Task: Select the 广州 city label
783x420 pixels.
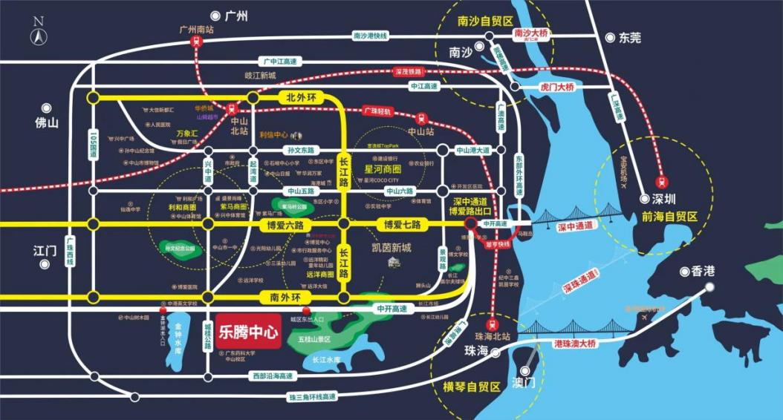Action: (x=237, y=16)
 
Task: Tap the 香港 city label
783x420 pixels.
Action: (x=702, y=272)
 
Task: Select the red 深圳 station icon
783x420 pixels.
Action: (x=660, y=180)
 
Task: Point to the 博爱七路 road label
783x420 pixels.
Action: (x=402, y=224)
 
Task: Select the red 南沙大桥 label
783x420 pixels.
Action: (x=530, y=34)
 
